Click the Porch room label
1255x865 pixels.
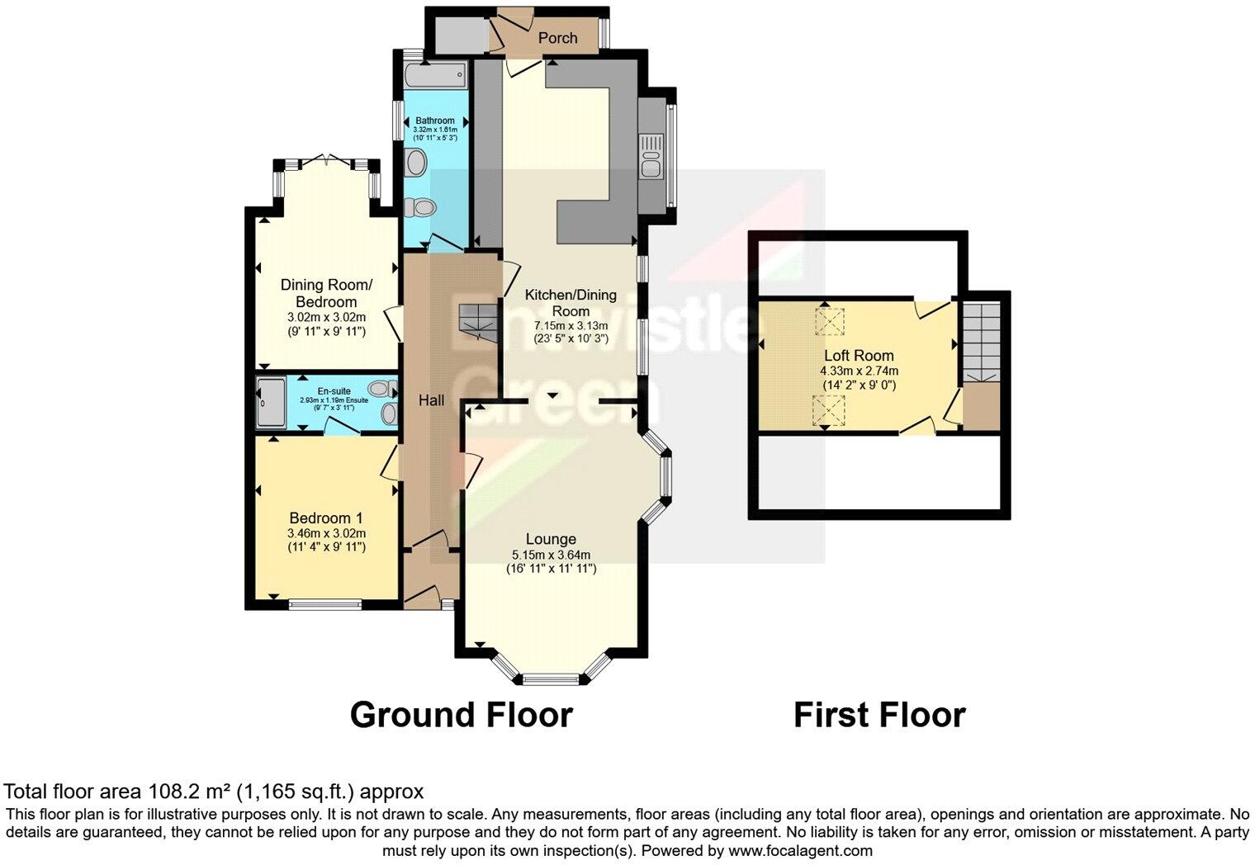click(557, 38)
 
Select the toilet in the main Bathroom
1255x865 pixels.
click(422, 206)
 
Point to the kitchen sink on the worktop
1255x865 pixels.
click(651, 154)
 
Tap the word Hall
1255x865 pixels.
click(431, 400)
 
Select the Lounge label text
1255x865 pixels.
click(551, 540)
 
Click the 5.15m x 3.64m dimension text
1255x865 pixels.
click(551, 555)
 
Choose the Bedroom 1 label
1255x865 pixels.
click(326, 518)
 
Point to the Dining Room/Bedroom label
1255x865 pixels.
click(326, 293)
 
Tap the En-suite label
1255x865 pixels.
click(334, 392)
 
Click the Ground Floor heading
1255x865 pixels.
click(461, 715)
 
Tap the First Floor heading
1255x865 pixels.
click(878, 715)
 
